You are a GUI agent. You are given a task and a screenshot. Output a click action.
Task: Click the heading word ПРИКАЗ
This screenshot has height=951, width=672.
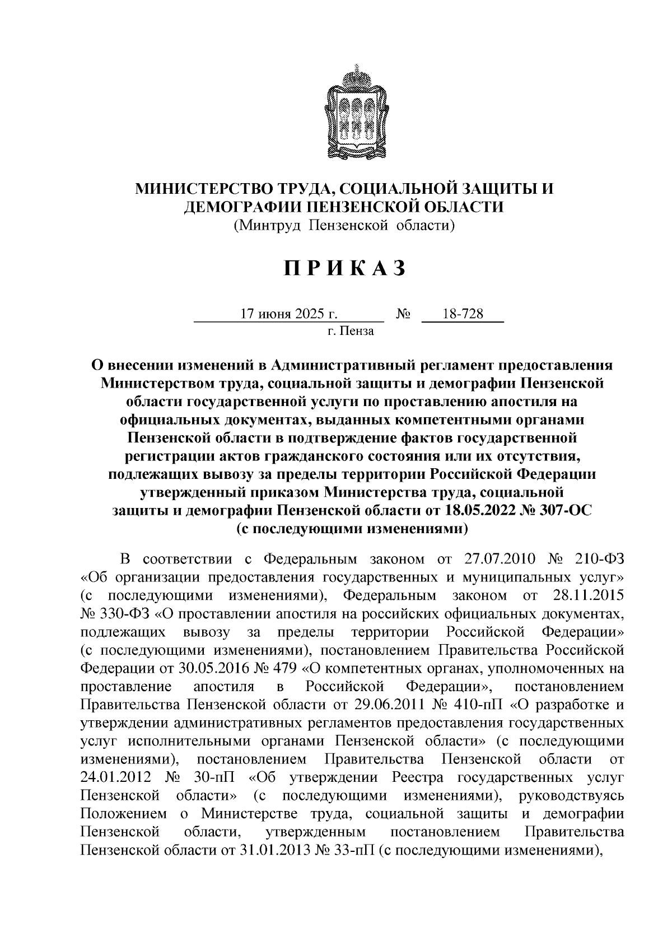(x=344, y=269)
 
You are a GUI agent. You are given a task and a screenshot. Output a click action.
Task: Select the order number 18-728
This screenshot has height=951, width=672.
(x=463, y=314)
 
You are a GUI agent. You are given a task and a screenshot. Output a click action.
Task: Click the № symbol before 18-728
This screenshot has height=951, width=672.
(x=403, y=315)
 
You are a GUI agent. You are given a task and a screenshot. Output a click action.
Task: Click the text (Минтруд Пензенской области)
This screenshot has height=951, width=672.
(x=344, y=225)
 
